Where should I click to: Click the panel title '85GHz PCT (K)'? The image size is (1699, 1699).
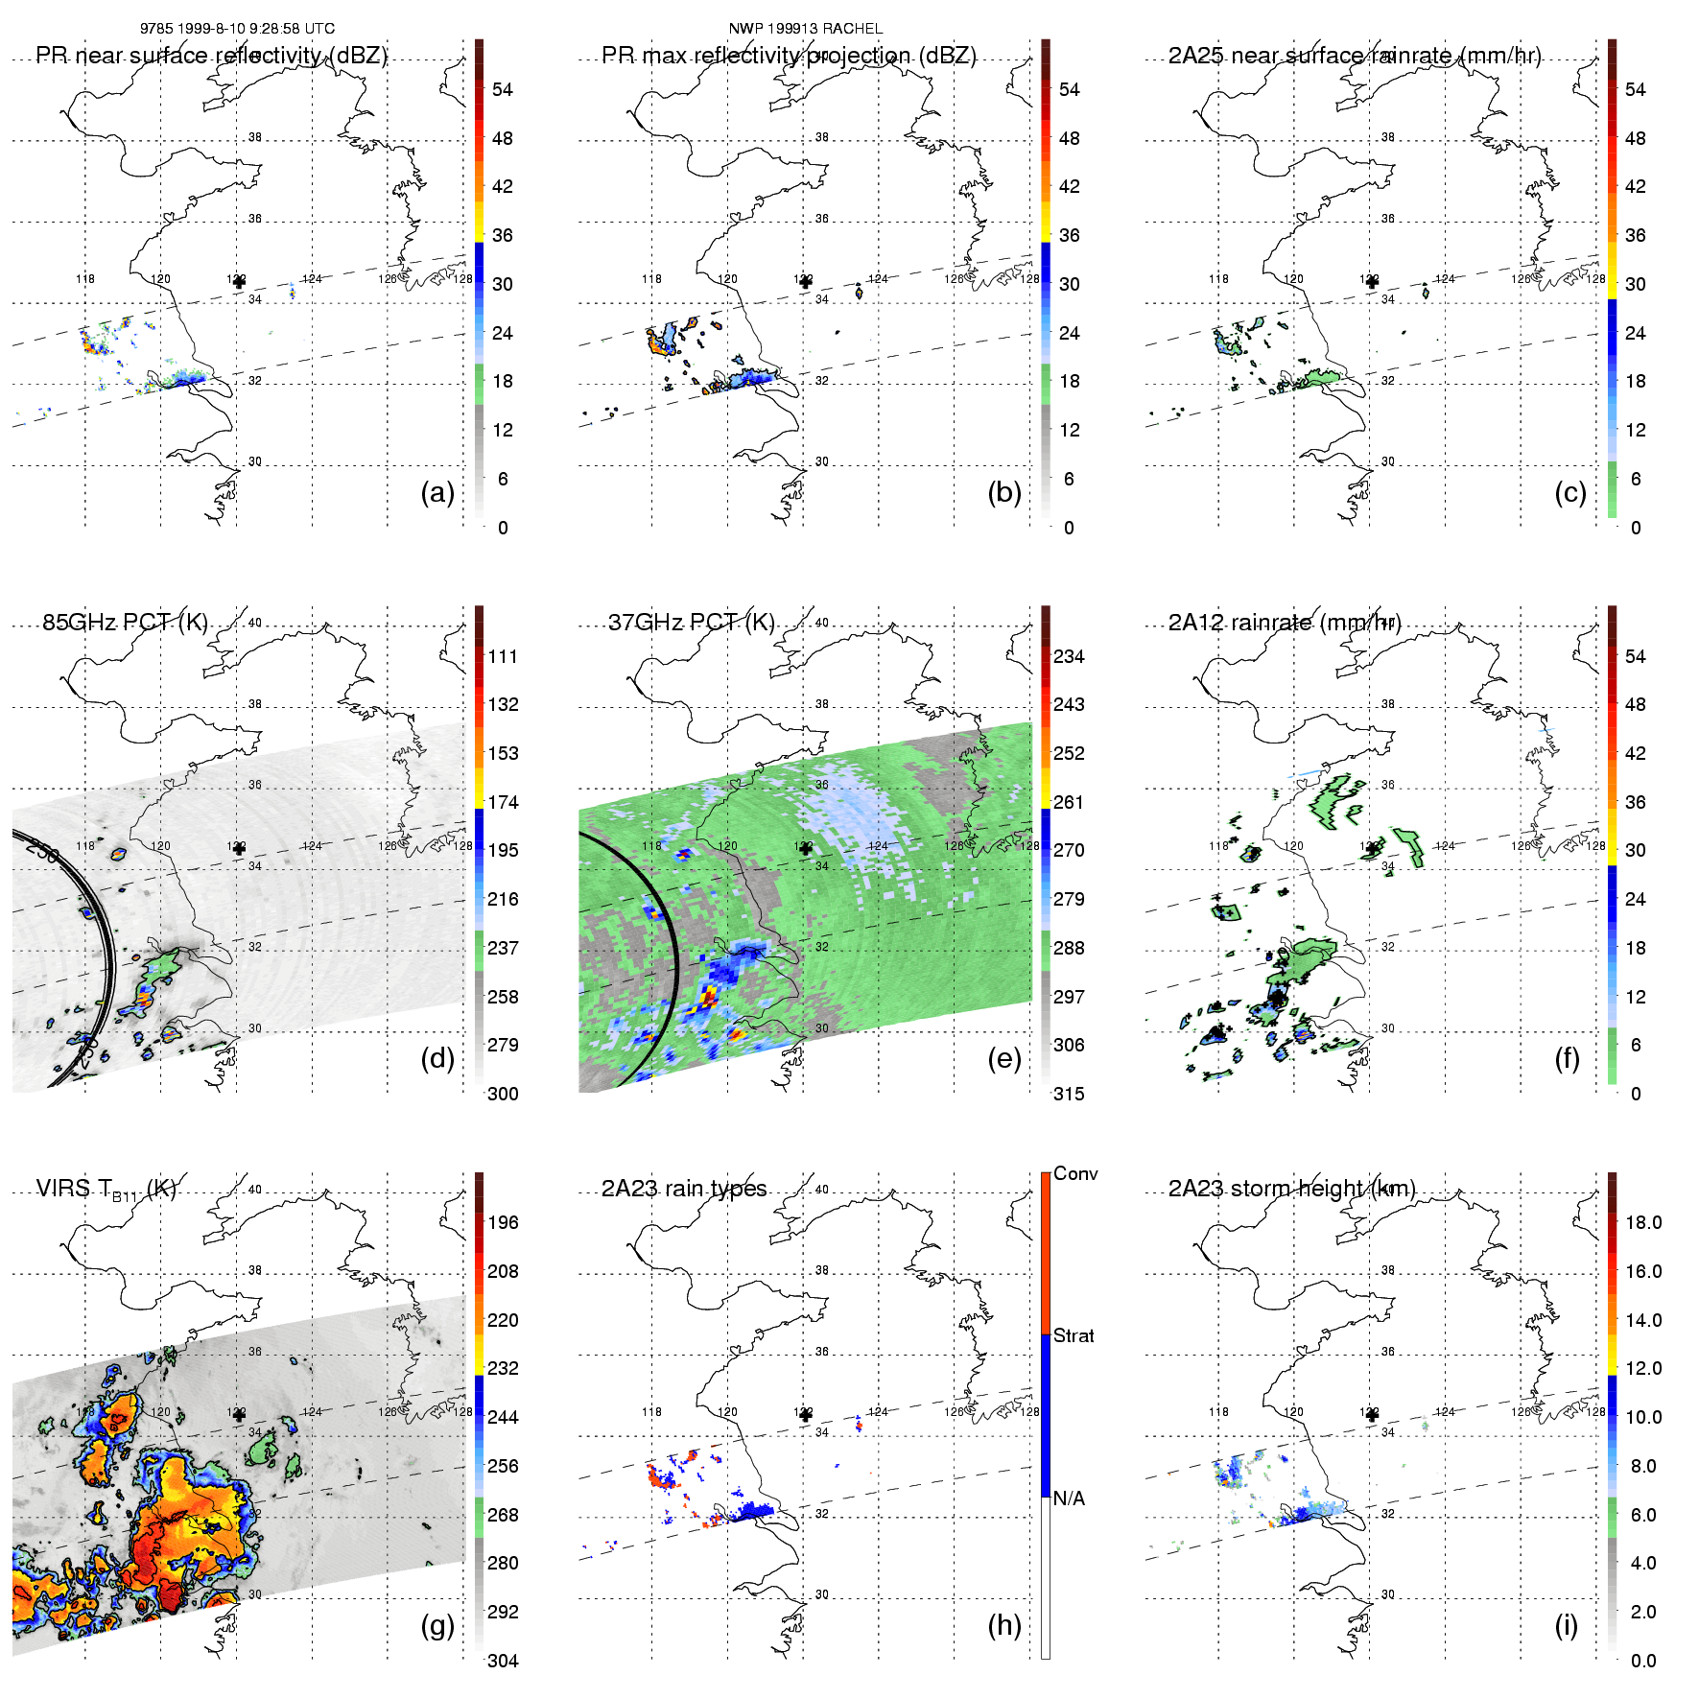tap(125, 623)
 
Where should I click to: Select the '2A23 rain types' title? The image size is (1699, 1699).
tap(684, 1189)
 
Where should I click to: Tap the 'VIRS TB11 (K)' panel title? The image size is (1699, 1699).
tap(106, 1190)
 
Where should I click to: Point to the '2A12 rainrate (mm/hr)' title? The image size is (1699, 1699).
tap(1285, 623)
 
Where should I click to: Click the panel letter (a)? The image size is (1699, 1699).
tap(437, 492)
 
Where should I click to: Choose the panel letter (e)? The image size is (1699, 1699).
tap(1004, 1058)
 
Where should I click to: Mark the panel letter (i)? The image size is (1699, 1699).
tap(1566, 1625)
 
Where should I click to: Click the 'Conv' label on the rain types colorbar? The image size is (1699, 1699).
tap(1075, 1173)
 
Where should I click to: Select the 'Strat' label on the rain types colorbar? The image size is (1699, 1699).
tap(1074, 1335)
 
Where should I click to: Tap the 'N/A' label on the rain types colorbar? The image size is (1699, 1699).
tap(1069, 1498)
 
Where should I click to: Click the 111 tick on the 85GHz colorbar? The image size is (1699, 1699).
tap(503, 656)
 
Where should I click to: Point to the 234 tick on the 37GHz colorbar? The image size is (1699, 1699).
tap(1069, 656)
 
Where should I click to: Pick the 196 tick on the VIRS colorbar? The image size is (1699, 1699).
tap(503, 1222)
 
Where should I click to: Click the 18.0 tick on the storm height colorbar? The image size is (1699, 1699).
tap(1642, 1222)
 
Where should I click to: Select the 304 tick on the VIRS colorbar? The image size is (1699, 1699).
tap(503, 1661)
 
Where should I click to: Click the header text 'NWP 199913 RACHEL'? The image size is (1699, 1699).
tap(805, 29)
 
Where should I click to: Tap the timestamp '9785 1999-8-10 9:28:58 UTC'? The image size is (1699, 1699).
tap(237, 29)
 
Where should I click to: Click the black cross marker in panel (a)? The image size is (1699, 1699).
tap(239, 282)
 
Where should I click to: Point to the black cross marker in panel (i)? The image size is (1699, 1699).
tap(1372, 1415)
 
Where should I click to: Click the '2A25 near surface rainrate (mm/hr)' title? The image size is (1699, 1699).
tap(1355, 56)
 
